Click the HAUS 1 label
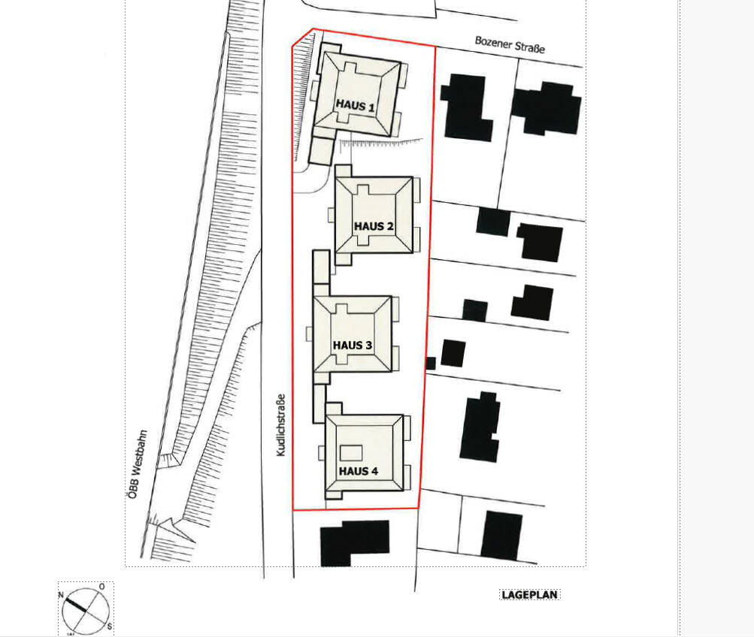tap(356, 105)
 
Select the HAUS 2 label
tap(374, 226)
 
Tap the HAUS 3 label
tap(353, 345)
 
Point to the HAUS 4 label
tap(359, 471)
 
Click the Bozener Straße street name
tap(510, 44)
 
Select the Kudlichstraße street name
tap(281, 425)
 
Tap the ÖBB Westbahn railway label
tap(138, 464)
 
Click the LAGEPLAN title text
tap(529, 595)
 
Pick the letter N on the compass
tap(61, 595)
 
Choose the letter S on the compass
tap(110, 626)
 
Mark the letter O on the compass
tap(101, 587)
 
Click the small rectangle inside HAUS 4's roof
tap(351, 453)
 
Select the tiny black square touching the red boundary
tap(431, 363)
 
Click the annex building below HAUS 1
tap(321, 151)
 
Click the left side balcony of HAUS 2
tap(332, 215)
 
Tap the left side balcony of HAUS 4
tap(322, 452)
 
